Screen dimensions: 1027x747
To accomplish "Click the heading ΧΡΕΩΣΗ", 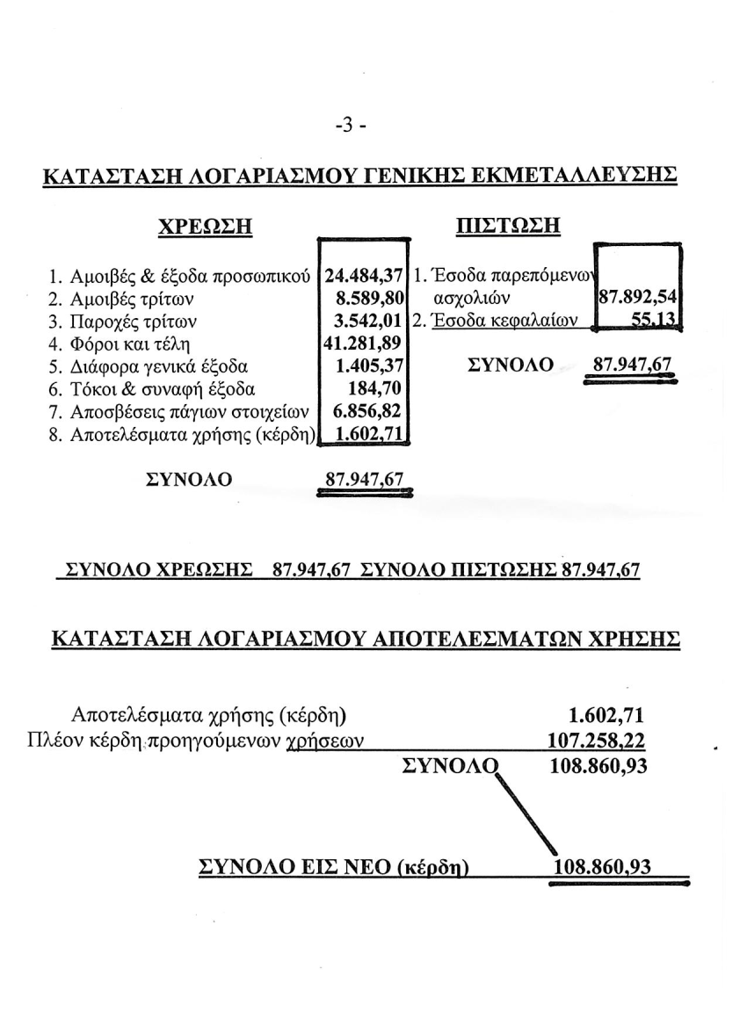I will click(205, 226).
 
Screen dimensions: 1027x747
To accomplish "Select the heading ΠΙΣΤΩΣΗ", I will click(509, 226).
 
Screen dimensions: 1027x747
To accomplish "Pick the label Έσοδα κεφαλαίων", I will click(502, 321).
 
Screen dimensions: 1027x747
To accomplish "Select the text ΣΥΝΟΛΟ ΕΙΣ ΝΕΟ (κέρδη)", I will click(334, 867).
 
